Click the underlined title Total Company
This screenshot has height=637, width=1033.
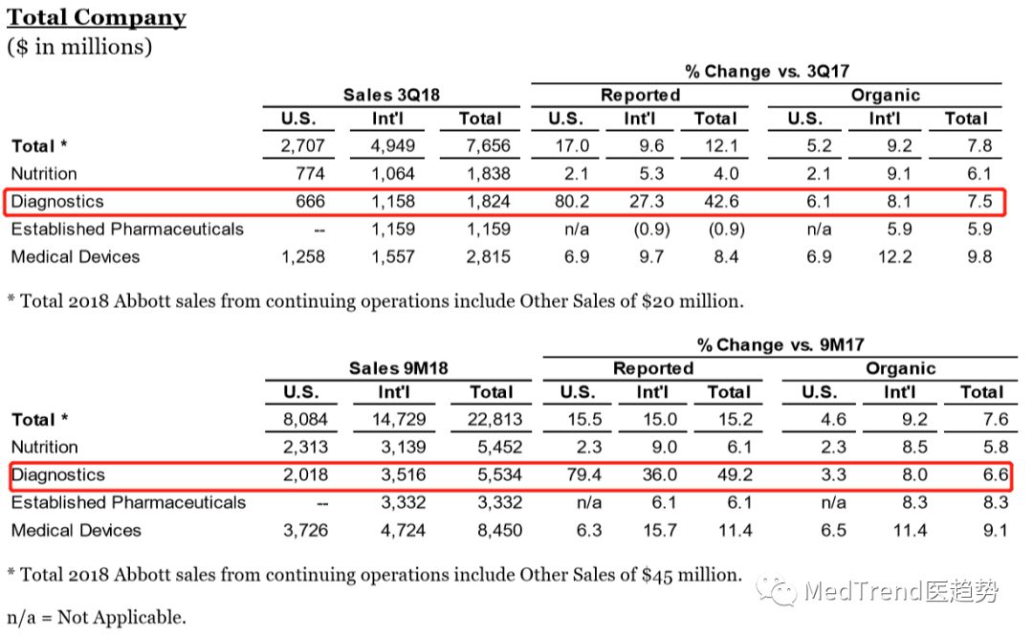click(97, 17)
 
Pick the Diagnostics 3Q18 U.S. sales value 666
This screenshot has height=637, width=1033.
click(310, 202)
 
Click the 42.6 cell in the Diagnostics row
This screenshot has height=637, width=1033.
click(714, 202)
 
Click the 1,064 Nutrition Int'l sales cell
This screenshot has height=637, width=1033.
click(394, 174)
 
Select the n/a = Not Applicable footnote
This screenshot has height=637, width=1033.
click(97, 617)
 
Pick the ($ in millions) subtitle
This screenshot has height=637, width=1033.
click(79, 46)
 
